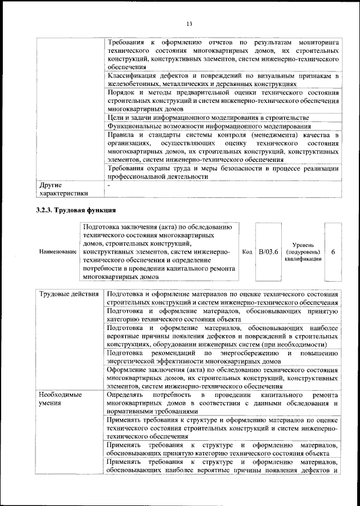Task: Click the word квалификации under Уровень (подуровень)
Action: point(303,259)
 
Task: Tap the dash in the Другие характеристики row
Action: point(109,184)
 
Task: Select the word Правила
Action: point(120,135)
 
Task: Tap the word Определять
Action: point(126,395)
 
